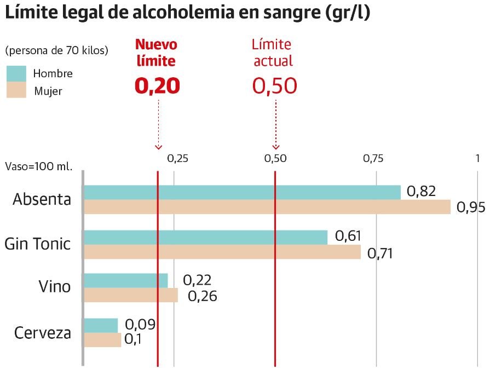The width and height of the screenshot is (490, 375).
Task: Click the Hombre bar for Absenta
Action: [241, 192]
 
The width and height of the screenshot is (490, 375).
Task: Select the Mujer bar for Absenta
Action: [267, 207]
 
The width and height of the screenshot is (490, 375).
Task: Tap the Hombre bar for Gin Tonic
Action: [205, 237]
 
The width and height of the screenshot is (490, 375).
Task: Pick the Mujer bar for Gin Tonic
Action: [222, 252]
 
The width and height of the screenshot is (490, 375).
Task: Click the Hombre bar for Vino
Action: [125, 280]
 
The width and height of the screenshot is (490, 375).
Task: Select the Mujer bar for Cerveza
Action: [102, 340]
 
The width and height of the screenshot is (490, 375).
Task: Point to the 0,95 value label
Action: [471, 207]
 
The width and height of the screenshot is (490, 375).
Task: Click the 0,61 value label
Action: [348, 236]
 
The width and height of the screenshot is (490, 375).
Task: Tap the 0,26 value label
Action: [203, 296]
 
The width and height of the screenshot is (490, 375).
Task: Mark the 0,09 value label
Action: [141, 325]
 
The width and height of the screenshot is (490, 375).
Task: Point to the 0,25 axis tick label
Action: [177, 159]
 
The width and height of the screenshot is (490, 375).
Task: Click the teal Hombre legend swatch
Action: [16, 73]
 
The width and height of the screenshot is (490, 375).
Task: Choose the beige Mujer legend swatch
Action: [16, 90]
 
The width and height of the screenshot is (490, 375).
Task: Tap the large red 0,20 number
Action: [157, 86]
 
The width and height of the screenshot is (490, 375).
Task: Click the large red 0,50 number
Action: [275, 86]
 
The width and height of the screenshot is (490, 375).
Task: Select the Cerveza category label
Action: [43, 333]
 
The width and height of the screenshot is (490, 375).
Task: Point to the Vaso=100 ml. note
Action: [38, 166]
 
